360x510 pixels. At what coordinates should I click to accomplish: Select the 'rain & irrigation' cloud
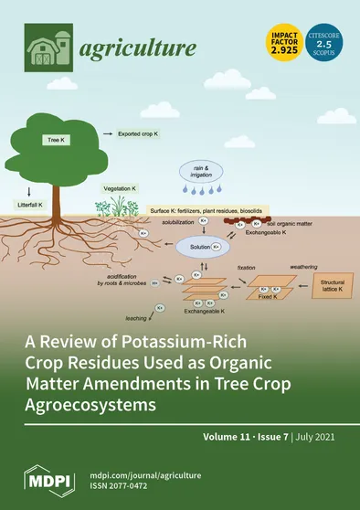196,175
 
